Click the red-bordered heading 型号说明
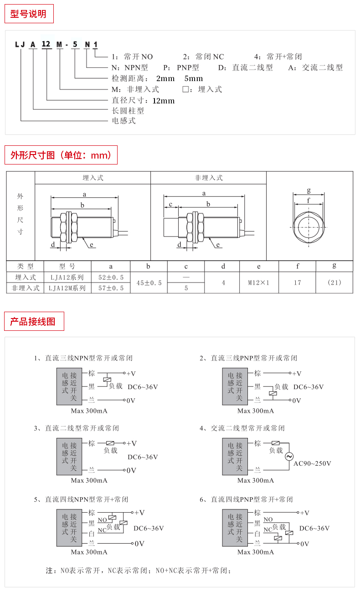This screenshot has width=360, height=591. pos(29,14)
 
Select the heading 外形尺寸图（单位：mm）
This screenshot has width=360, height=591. pos(61,155)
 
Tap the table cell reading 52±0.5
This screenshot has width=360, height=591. pos(111,277)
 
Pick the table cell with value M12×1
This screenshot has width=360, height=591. pos(259,283)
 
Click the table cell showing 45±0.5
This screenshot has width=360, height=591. pos(149,283)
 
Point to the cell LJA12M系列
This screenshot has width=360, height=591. pos(67,288)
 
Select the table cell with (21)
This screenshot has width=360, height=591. pos(334,283)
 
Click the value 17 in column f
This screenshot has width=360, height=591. pos(297,283)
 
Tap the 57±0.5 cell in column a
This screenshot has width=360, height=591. pos(111,288)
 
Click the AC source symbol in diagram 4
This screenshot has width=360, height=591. pos(289,457)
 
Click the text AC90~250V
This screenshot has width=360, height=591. pos(312,463)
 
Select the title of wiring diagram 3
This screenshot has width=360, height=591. pos(77,428)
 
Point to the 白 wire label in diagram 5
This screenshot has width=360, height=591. pos(92,534)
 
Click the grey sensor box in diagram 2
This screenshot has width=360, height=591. pos(235,386)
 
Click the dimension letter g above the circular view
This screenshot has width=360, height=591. pos(309,190)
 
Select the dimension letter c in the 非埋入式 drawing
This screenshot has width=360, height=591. pos(170,204)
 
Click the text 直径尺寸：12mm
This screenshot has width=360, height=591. pos(143,100)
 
